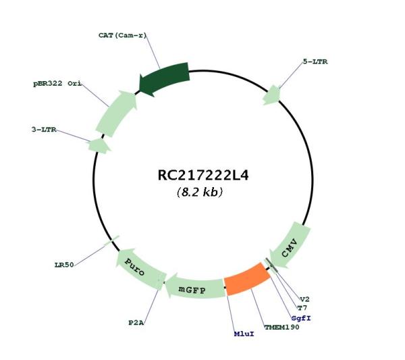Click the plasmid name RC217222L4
[x=203, y=175]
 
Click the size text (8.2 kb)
[x=200, y=192]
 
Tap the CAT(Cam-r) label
[x=122, y=35]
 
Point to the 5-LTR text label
[x=315, y=61]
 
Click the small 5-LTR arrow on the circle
[x=272, y=95]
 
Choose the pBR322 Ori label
[x=57, y=84]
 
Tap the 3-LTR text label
[x=44, y=130]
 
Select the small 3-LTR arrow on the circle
[x=99, y=146]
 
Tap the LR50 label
[x=64, y=265]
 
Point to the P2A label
[x=136, y=323]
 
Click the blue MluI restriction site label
[x=244, y=334]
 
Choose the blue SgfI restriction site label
[x=301, y=318]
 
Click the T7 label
[x=302, y=308]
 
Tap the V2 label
[x=304, y=299]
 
